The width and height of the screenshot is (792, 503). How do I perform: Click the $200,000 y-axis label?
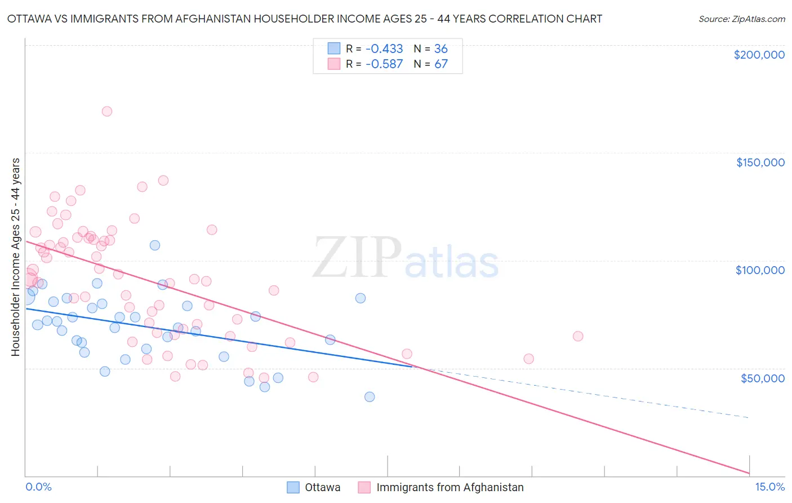click(759, 55)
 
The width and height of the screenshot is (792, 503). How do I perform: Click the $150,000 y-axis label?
click(760, 162)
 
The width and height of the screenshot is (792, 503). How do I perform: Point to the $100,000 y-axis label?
click(760, 270)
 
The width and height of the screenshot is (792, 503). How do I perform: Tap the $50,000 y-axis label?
click(762, 378)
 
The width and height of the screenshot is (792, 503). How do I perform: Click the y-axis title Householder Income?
click(15, 257)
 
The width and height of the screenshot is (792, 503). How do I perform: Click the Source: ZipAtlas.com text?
click(741, 19)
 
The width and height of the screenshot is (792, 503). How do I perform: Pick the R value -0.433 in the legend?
click(384, 48)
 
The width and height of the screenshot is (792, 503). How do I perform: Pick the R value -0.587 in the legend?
click(384, 64)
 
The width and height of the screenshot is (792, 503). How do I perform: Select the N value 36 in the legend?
click(441, 48)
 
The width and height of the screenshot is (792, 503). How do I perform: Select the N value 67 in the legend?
click(441, 64)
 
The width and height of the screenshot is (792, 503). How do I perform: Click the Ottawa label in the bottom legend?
click(322, 487)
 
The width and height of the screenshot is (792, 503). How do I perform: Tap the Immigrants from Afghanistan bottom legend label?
click(450, 487)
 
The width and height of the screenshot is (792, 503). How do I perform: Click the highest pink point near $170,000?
click(107, 111)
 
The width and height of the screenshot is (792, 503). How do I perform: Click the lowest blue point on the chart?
click(370, 396)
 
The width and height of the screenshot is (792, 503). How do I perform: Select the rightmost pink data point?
click(578, 336)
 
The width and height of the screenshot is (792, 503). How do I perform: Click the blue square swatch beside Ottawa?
click(293, 487)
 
